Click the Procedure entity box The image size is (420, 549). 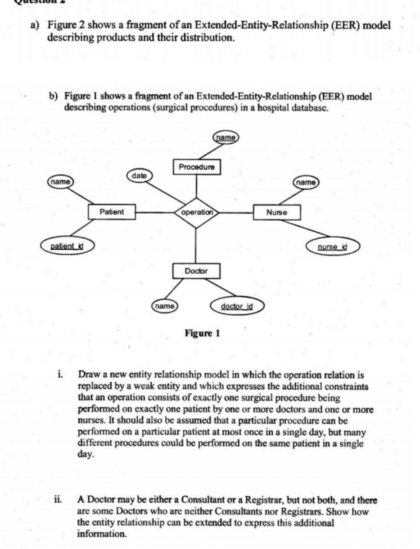pyautogui.click(x=197, y=167)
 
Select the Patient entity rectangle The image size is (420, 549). pyautogui.click(x=111, y=212)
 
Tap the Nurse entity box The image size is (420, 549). pyautogui.click(x=277, y=213)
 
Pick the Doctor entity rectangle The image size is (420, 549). pyautogui.click(x=196, y=271)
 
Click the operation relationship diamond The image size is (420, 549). pyautogui.click(x=197, y=212)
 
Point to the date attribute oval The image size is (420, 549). pyautogui.click(x=139, y=176)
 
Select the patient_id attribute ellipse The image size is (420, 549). pyautogui.click(x=67, y=246)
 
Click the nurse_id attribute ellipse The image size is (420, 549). pyautogui.click(x=332, y=247)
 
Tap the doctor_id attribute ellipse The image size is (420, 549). pyautogui.click(x=237, y=306)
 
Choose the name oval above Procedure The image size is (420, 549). pyautogui.click(x=226, y=137)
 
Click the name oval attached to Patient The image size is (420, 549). pyautogui.click(x=60, y=181)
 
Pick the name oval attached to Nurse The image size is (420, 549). pyautogui.click(x=306, y=182)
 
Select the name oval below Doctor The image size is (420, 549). pyautogui.click(x=165, y=306)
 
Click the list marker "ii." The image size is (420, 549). pyautogui.click(x=57, y=499)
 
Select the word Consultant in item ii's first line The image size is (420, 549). pyautogui.click(x=208, y=500)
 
